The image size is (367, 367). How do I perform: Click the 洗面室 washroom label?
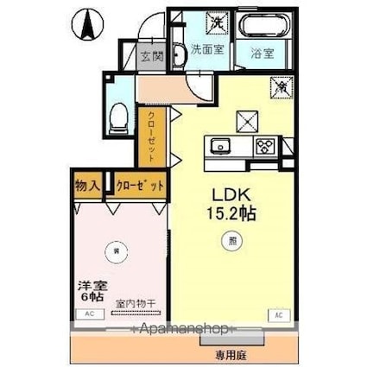207,49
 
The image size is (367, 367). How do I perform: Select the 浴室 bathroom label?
263,51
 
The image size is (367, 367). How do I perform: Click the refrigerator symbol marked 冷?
282,86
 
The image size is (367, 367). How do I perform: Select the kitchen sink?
217,145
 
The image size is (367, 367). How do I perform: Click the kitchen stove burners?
263,145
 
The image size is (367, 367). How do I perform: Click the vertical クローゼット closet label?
150,135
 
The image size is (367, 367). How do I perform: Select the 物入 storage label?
85,186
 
